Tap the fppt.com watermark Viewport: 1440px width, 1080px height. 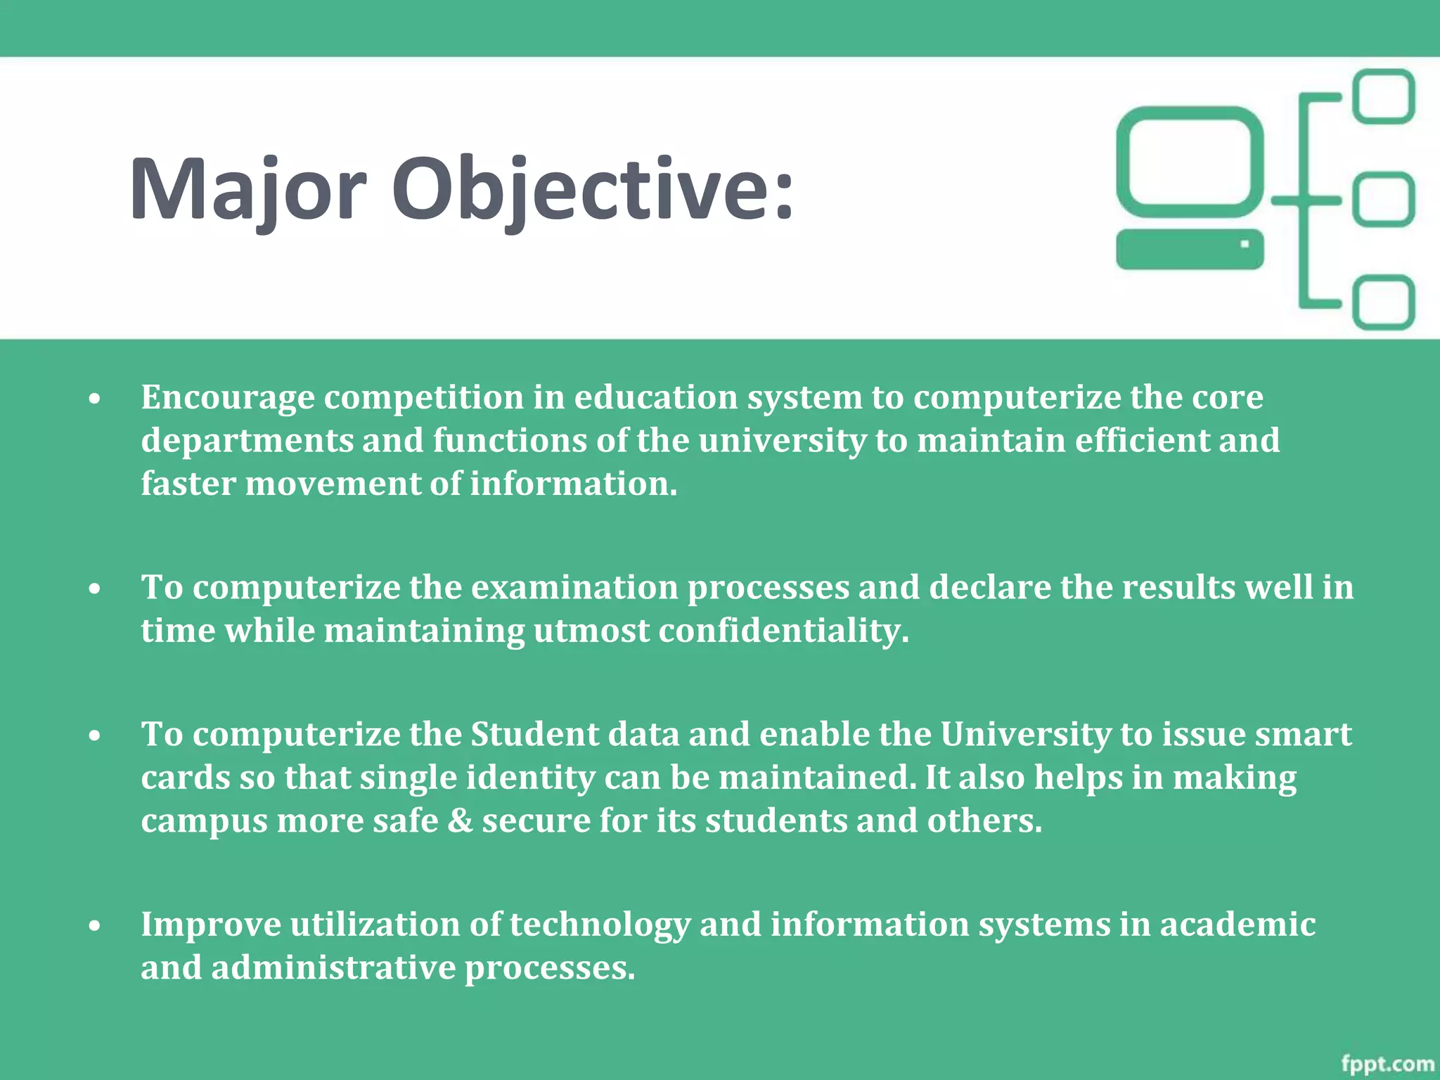pos(1387,1064)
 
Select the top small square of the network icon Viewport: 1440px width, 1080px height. pos(1384,96)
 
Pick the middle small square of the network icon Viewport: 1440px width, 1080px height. pos(1384,200)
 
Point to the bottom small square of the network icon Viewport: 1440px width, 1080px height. pos(1384,302)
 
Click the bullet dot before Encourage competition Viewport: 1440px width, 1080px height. pos(95,399)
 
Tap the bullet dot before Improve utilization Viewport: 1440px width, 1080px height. pos(95,926)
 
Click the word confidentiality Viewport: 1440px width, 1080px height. pos(783,631)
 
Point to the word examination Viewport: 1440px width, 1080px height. pos(574,587)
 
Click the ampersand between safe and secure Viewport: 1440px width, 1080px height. pos(461,821)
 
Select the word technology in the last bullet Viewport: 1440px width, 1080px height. pos(600,925)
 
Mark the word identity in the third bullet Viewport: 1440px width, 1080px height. pos(530,778)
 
